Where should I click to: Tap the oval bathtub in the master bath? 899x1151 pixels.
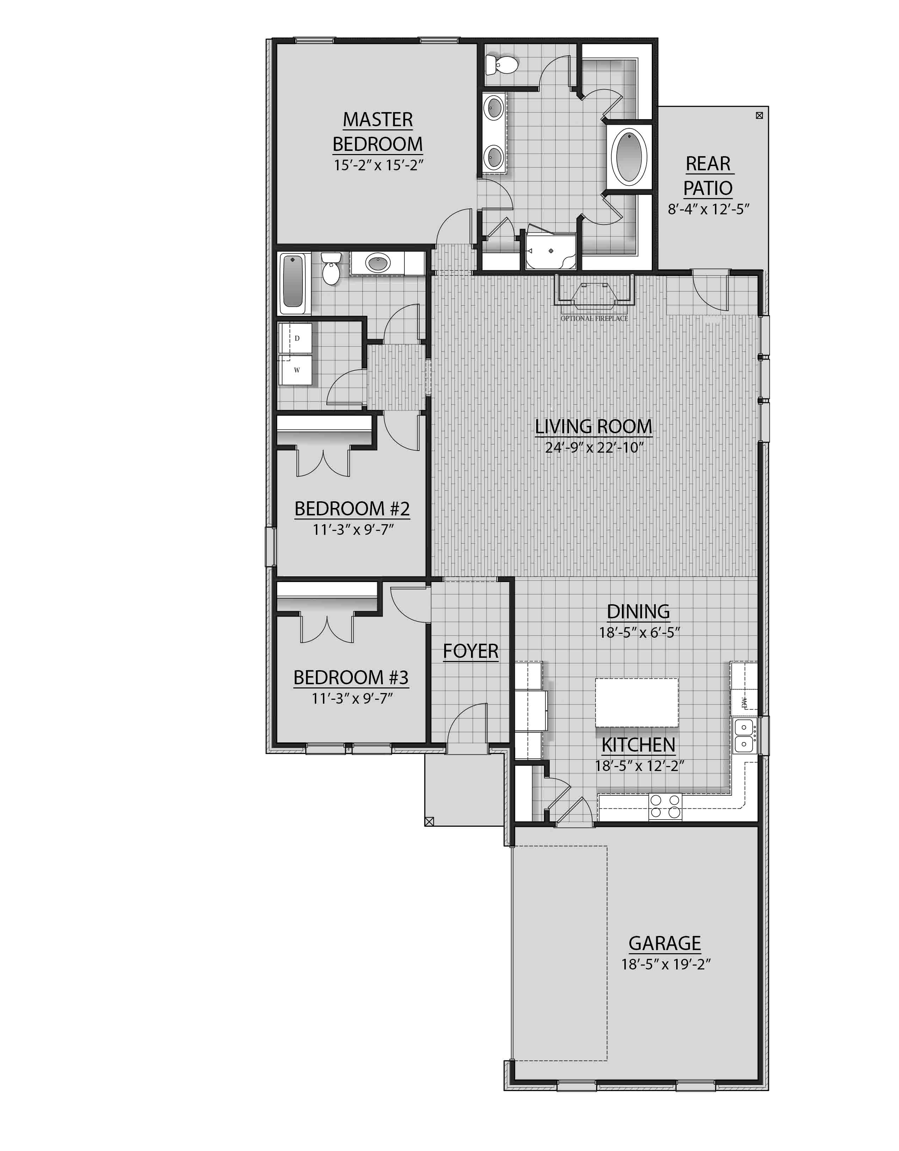tap(629, 156)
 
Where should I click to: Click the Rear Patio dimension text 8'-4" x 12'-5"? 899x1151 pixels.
tap(708, 209)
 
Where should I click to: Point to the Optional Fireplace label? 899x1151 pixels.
tap(594, 318)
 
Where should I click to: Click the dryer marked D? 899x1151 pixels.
tap(296, 338)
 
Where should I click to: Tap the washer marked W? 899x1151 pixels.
tap(296, 370)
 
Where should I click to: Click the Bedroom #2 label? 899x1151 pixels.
tap(351, 509)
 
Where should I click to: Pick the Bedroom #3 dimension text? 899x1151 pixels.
tap(351, 698)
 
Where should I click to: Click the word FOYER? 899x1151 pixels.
tap(470, 651)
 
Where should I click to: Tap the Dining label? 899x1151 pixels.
tap(638, 611)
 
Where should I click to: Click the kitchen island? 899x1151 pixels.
tap(637, 703)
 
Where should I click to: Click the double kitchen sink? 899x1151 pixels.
tap(745, 736)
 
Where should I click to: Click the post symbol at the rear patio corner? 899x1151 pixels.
tap(759, 115)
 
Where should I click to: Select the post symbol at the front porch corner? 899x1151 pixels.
tap(429, 821)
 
